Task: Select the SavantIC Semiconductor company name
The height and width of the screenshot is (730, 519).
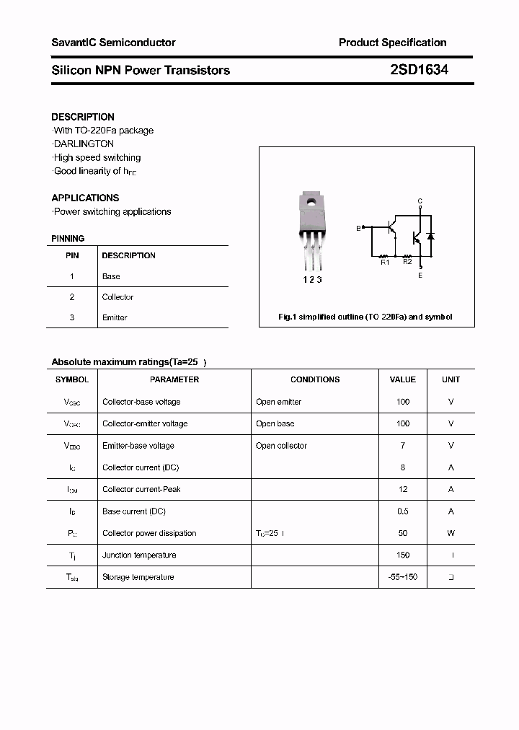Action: [113, 43]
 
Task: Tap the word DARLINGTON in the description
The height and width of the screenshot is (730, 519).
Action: [84, 144]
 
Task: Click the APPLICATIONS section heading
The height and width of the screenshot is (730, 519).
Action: [85, 198]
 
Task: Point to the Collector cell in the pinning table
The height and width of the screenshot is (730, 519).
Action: [117, 297]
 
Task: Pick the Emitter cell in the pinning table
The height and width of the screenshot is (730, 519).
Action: [115, 317]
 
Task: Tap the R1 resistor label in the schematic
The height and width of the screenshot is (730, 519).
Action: [385, 263]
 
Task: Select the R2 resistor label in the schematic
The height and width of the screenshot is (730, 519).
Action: [407, 262]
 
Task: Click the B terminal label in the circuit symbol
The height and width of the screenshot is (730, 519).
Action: [358, 229]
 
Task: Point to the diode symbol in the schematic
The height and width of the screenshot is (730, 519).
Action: [430, 236]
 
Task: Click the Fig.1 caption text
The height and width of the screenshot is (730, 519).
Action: [365, 317]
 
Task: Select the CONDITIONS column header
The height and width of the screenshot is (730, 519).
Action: [315, 379]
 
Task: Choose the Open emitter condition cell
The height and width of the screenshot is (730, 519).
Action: [278, 402]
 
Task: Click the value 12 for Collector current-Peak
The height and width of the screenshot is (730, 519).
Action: [403, 489]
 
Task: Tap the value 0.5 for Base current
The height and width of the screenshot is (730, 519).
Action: [403, 511]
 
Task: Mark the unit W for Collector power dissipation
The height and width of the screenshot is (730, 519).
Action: [451, 533]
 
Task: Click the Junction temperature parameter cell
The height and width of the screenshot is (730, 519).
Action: [139, 555]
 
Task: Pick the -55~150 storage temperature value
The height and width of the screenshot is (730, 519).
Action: [403, 577]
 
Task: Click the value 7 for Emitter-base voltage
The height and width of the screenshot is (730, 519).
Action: [403, 446]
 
